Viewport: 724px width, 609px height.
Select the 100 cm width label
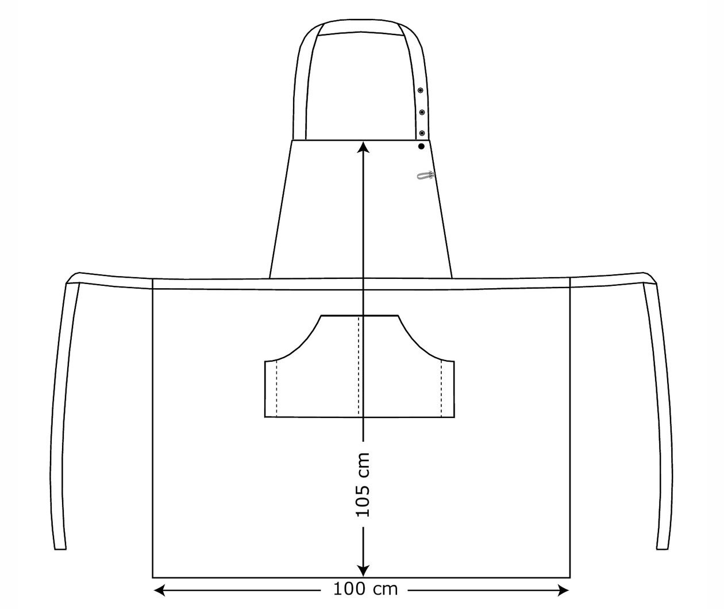coord(365,589)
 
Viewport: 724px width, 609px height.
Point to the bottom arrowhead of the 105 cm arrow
coord(363,570)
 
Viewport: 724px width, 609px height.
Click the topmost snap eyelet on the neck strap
coord(421,90)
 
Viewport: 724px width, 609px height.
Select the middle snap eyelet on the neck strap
coord(421,112)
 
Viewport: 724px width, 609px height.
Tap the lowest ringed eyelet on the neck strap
coord(421,133)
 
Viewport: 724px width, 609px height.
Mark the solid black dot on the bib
coord(421,147)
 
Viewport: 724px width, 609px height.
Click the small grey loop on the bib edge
coord(425,175)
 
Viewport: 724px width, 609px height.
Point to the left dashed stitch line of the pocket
coord(277,388)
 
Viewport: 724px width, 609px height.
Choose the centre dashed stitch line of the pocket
coord(359,366)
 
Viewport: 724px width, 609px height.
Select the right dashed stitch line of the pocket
coord(441,388)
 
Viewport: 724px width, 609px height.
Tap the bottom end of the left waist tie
coord(60,548)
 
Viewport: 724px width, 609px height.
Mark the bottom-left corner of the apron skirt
coord(153,577)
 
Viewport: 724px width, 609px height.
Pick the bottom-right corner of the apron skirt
coord(569,577)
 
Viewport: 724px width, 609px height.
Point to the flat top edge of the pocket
coord(360,316)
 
